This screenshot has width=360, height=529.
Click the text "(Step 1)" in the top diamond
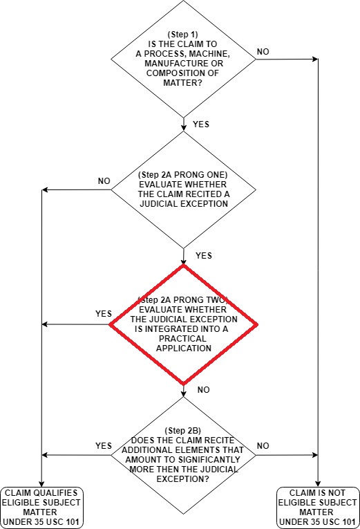point(182,35)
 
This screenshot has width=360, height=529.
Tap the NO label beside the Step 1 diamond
point(263,52)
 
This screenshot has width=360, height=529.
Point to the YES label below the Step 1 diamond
point(201,124)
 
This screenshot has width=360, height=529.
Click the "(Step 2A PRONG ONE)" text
point(182,175)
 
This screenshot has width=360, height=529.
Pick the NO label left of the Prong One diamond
point(104,181)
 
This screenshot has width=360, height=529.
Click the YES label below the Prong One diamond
point(204,256)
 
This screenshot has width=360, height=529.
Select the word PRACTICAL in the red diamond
point(182,338)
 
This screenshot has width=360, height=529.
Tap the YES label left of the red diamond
point(104,314)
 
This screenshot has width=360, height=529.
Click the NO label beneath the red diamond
point(204,390)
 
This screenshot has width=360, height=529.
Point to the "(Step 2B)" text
point(182,431)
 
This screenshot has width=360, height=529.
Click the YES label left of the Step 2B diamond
point(104,445)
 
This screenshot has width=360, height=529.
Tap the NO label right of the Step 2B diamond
point(263,446)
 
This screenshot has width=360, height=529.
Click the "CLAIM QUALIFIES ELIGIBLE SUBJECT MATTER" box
point(41,508)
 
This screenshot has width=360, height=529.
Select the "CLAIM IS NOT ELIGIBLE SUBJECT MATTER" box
point(317,508)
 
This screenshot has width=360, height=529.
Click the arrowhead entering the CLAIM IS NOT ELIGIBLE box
point(318,484)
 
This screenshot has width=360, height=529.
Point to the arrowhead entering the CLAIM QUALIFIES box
point(41,484)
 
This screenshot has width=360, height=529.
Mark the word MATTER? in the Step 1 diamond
point(182,83)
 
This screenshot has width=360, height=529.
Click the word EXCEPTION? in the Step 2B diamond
point(182,479)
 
